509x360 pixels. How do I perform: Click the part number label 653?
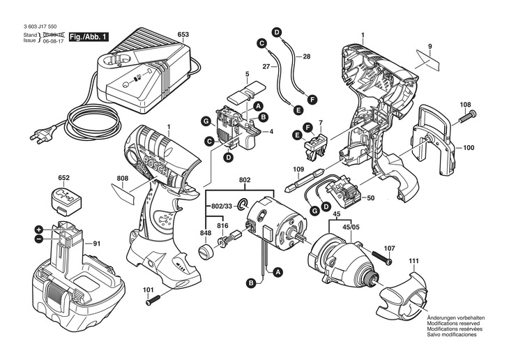[183, 34]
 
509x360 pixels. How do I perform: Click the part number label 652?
[64, 179]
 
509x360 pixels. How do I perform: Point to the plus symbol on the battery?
[39, 230]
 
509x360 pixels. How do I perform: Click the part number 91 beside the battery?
[97, 243]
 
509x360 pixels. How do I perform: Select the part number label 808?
[123, 177]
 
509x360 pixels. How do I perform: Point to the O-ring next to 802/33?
[243, 205]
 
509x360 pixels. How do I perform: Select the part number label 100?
[468, 148]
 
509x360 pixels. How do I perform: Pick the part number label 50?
[370, 198]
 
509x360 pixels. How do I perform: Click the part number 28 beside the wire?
[307, 56]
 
